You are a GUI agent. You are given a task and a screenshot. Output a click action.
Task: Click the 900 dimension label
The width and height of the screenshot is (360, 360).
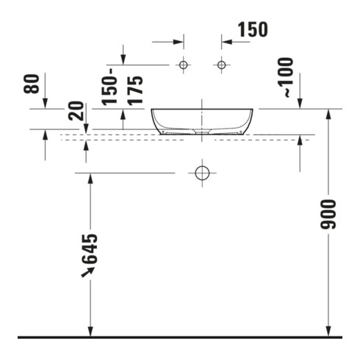coord(328,215)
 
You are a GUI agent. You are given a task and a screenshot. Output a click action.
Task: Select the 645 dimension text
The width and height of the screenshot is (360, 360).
coord(90,249)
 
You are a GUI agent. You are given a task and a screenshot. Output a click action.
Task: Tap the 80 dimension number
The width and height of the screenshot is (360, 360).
coord(32,84)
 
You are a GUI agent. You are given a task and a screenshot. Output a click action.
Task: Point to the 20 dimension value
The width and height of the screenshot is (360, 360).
coord(76,111)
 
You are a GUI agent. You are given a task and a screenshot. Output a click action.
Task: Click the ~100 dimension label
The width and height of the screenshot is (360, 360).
coord(286,77)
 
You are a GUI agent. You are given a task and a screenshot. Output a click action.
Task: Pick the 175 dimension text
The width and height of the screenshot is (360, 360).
coord(135,90)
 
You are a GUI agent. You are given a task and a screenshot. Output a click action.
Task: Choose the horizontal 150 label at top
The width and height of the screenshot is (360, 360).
coord(253,29)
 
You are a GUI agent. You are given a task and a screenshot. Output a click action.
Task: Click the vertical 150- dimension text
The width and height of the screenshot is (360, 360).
coord(109,87)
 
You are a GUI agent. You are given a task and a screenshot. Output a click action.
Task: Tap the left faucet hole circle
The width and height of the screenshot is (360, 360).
coord(183,65)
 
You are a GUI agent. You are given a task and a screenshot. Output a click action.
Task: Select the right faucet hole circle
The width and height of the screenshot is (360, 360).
coord(222,65)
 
